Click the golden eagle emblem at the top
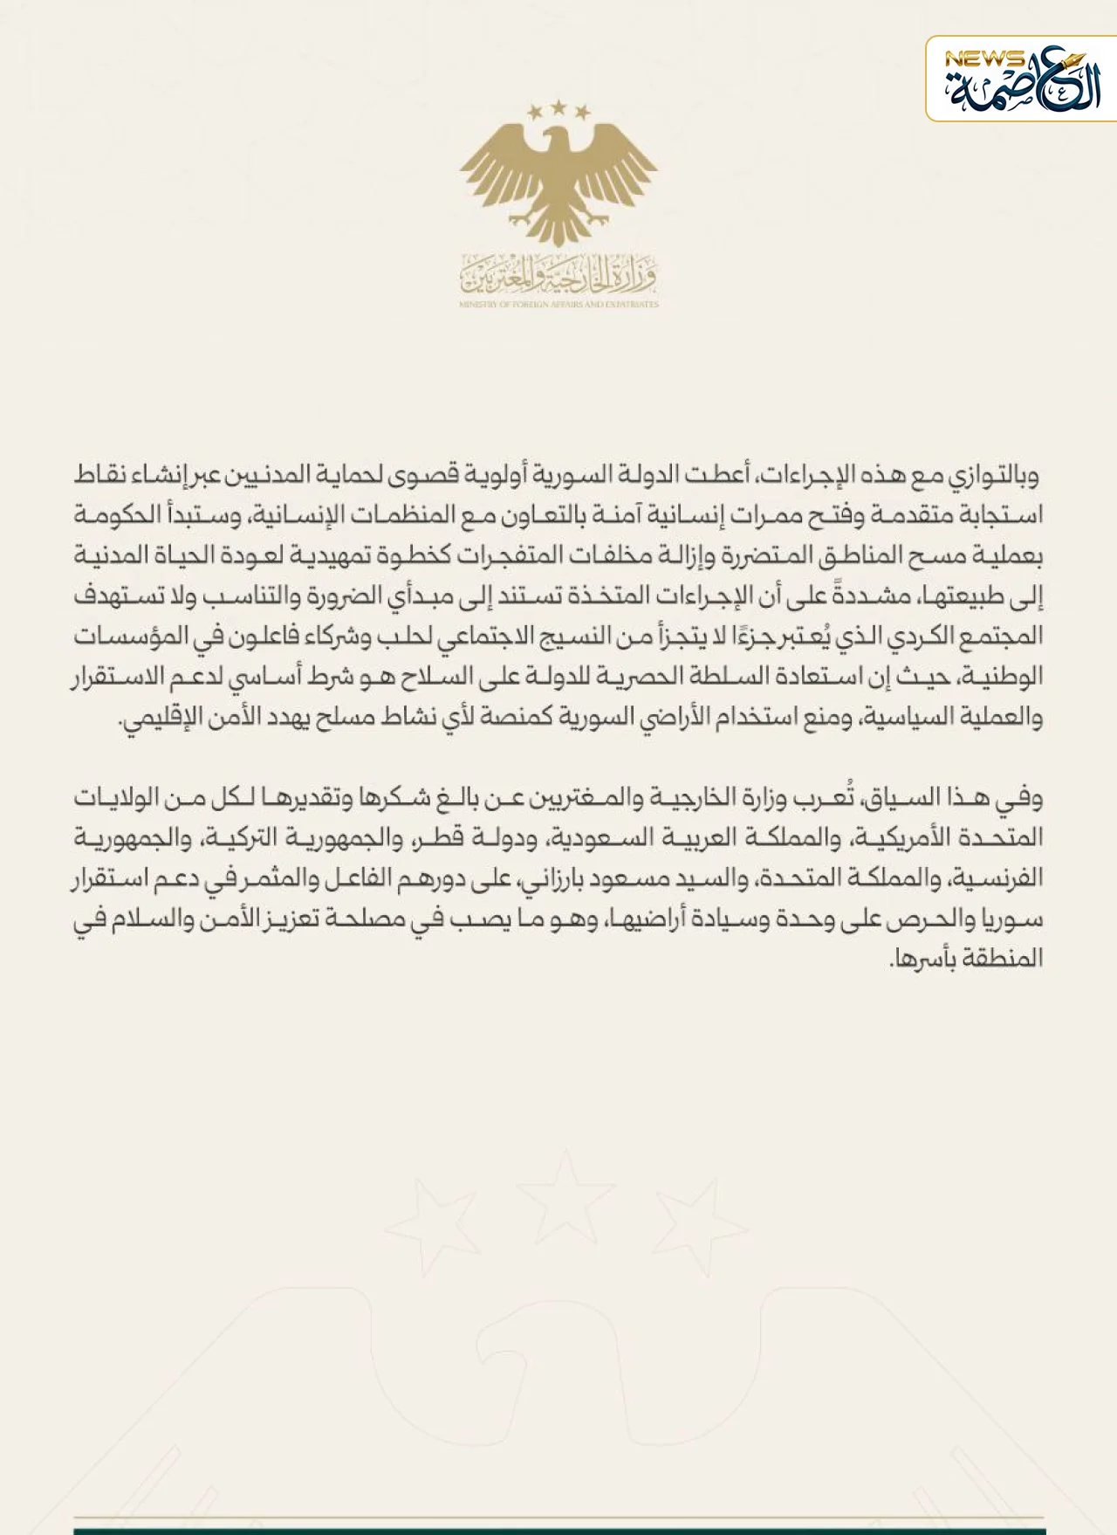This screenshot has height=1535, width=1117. [558, 179]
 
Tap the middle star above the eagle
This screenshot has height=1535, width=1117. [558, 107]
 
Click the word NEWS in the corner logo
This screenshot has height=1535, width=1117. [984, 59]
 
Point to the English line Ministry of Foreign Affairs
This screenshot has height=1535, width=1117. [558, 305]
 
